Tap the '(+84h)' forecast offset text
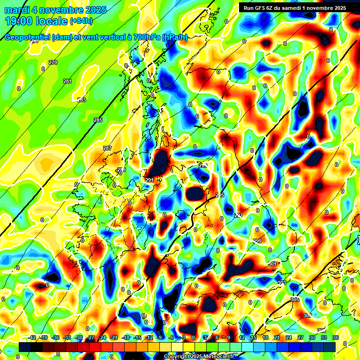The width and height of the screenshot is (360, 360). [x=81, y=21]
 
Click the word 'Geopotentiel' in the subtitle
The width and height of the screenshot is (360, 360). [x=27, y=37]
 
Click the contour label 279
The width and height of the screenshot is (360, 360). [x=53, y=62]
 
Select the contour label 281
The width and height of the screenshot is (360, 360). [x=67, y=81]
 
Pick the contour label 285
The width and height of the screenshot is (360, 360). [x=97, y=120]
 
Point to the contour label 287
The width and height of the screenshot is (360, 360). [x=107, y=148]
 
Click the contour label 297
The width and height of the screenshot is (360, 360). [x=239, y=215]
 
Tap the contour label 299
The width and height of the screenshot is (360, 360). [x=257, y=241]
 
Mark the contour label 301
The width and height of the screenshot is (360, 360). [x=272, y=264]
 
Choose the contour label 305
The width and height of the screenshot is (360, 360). [x=295, y=299]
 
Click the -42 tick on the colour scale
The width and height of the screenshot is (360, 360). [x=32, y=337]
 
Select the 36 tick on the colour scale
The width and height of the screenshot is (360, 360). [x=335, y=337]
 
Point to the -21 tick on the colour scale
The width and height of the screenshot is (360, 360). [x=114, y=337]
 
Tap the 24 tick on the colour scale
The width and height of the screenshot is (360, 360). [x=288, y=337]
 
